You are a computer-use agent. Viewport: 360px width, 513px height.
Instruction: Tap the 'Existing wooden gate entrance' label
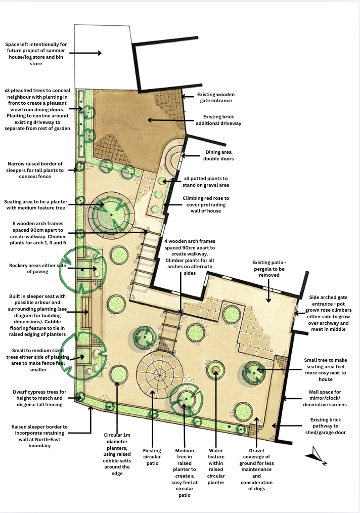(x=216, y=98)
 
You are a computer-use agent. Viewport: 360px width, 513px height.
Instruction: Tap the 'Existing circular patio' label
(x=152, y=457)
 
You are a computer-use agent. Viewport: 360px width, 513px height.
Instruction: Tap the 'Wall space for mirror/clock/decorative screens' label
(x=328, y=398)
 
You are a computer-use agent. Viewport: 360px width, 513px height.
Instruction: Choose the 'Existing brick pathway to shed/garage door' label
(x=326, y=426)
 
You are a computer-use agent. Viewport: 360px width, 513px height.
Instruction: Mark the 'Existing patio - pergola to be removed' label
(x=272, y=270)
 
